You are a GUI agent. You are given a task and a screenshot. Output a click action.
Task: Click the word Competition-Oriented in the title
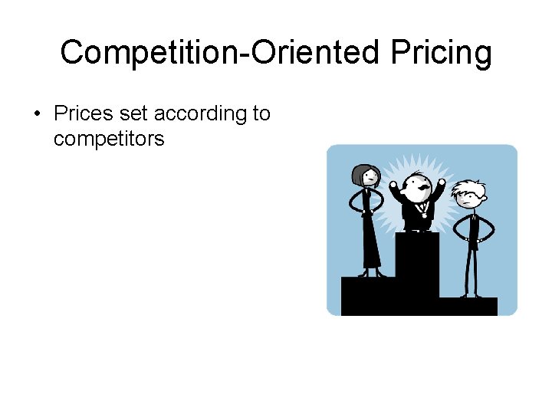(x=219, y=53)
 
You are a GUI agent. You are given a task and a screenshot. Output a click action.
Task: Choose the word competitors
(x=109, y=139)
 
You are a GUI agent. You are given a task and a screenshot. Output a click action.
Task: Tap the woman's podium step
(x=367, y=295)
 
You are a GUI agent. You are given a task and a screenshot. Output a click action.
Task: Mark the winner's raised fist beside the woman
(x=393, y=185)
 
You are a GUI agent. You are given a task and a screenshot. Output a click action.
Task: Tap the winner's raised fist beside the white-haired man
(x=442, y=183)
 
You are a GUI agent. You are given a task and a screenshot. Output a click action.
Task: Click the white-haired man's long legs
(x=471, y=264)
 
